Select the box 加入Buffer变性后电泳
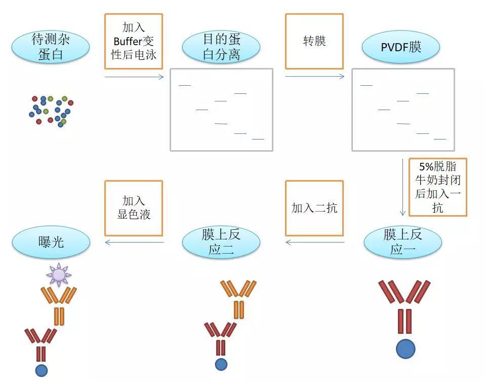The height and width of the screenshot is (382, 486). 134,41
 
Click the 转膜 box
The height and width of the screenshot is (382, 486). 314,41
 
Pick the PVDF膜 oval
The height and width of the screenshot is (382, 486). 400,47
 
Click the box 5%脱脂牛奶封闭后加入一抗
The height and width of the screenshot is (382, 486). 437,187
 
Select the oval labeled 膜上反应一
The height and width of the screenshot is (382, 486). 402,242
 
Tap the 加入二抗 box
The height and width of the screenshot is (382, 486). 314,208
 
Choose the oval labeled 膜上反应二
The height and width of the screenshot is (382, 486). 221,242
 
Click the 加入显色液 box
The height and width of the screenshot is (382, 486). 134,208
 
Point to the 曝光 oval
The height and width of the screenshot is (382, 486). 51,242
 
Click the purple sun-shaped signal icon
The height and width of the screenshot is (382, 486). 59,274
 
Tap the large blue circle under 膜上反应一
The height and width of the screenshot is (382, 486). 406,349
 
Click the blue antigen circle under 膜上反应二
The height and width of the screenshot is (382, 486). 221,364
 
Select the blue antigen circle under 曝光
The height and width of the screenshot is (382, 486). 42,370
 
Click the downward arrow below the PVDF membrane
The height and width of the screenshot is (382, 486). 403,188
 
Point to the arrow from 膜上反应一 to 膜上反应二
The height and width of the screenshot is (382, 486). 315,242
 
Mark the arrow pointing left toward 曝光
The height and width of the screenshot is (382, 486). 134,242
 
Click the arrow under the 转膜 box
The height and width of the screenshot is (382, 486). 315,77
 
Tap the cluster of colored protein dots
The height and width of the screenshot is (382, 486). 50,110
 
